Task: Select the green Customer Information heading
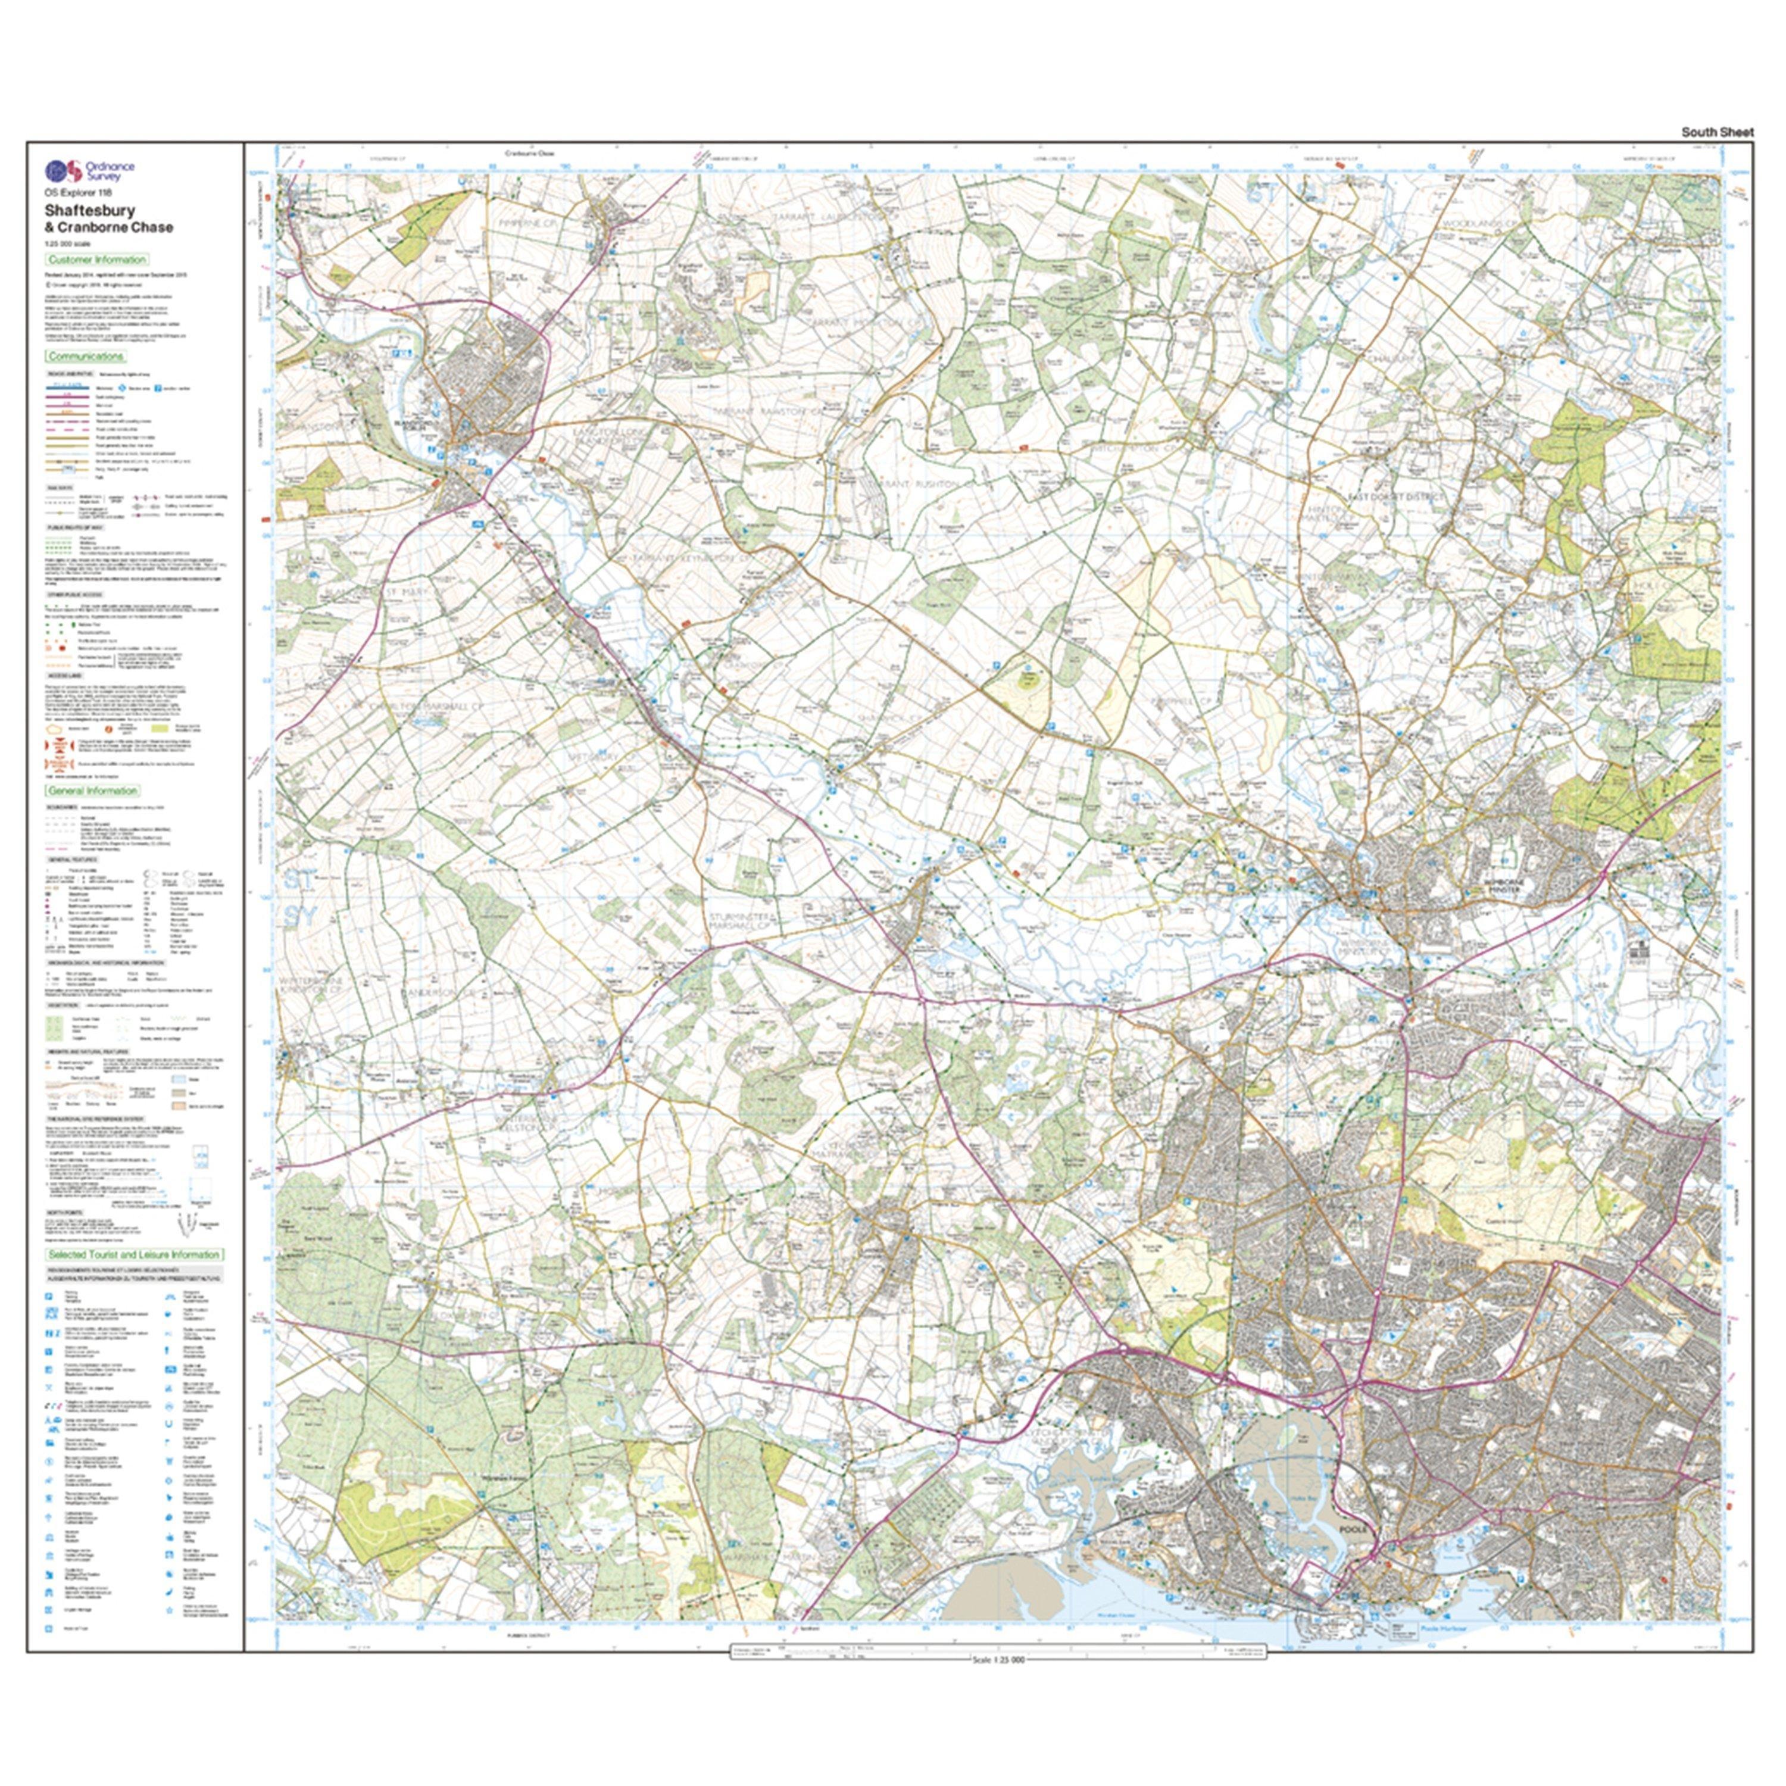[x=97, y=260]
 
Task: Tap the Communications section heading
[x=86, y=356]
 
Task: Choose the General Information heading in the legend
[x=93, y=791]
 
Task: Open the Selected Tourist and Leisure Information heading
[x=134, y=1254]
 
